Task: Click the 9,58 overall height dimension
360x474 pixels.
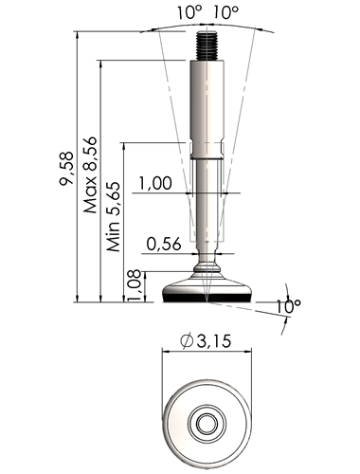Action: click(x=66, y=169)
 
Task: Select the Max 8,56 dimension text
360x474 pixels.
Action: click(x=90, y=174)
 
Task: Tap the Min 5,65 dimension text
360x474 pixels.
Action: click(x=114, y=217)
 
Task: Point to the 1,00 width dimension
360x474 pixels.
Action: click(x=155, y=184)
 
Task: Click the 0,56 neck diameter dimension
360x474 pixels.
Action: click(x=164, y=244)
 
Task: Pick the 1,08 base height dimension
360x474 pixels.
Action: click(x=135, y=285)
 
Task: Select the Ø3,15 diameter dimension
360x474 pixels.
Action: click(x=206, y=341)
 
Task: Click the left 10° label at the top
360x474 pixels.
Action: click(x=189, y=13)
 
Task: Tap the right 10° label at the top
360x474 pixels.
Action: click(x=225, y=13)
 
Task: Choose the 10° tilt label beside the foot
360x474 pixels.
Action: click(x=289, y=306)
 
